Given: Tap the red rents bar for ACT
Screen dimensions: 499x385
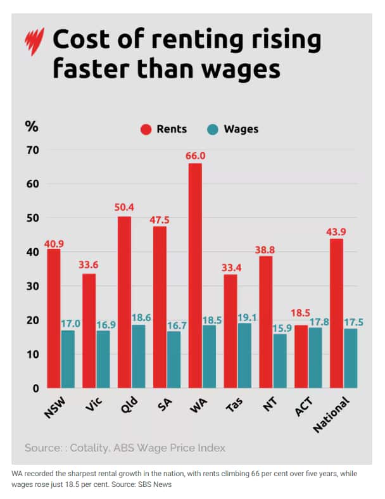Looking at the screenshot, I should pos(300,357).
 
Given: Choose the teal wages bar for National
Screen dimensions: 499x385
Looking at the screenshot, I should pos(350,358).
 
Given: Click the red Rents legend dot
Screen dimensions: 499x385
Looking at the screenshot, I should pos(145,129).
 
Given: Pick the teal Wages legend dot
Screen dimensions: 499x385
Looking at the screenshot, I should pos(213,129).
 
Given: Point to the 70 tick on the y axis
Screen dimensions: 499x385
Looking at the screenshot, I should pos(32,150).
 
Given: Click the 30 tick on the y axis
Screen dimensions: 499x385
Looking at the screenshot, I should pos(32,286).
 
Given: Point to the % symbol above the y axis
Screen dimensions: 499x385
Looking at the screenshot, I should pos(31,125).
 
